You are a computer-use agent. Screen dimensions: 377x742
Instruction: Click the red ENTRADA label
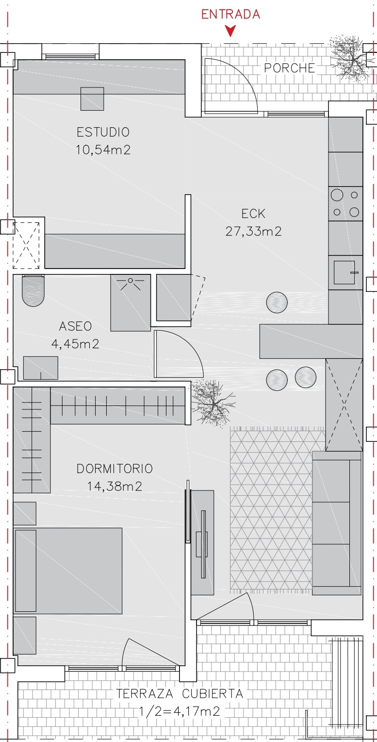pos(230,14)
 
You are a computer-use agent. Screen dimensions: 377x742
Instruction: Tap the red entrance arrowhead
pos(230,31)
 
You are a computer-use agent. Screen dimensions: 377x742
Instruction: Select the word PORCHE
pos(289,68)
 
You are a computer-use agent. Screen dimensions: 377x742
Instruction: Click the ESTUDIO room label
pos(103,132)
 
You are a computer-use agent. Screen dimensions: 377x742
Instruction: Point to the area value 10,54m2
pos(103,150)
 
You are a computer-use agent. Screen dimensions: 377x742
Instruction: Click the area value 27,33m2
pos(254,231)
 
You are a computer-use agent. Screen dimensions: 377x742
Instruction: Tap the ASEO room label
pos(76,326)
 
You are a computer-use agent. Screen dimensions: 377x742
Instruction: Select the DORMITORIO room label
pos(115,469)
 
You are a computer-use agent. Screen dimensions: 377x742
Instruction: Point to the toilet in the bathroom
pos(33,290)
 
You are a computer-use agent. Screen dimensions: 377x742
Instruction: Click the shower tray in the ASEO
pos(131,303)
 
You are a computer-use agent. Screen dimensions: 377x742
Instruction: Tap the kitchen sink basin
pos(344,272)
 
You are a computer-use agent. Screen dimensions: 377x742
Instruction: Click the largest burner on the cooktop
pos(337,195)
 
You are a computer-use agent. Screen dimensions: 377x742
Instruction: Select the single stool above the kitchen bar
pos(277,303)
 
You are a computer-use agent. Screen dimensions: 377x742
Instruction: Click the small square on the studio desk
pos(92,99)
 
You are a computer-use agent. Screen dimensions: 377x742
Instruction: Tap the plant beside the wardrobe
pos(213,403)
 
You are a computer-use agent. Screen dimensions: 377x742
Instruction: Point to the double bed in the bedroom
pos(67,571)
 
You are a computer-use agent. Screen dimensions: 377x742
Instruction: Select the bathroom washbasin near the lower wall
pos(41,368)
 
